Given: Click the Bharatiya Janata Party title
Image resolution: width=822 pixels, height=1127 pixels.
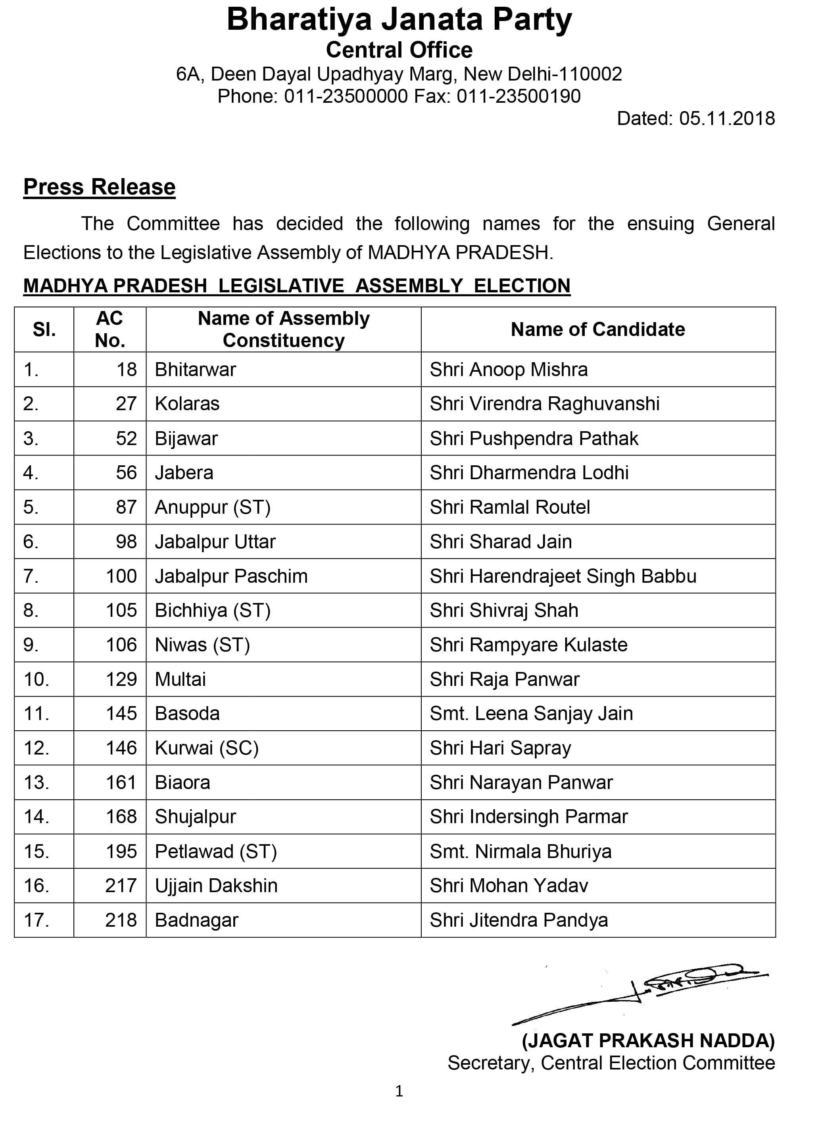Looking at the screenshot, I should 399,20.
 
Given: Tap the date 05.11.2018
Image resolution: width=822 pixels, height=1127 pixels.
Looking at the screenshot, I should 726,119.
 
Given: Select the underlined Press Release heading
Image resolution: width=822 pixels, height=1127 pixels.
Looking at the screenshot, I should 100,187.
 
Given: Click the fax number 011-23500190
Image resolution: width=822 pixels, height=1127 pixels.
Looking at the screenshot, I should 519,96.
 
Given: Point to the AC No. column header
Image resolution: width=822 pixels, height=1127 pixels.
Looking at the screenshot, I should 109,329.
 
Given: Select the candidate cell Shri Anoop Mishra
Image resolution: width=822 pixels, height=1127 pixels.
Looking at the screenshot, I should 509,370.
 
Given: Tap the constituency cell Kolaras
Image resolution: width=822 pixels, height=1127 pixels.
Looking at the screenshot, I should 187,403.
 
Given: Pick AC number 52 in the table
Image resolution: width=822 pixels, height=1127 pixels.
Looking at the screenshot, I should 127,438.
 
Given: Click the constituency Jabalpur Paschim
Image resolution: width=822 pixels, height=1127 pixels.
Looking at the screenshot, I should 231,576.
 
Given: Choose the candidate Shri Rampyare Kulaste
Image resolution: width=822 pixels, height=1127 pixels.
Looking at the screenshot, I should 528,645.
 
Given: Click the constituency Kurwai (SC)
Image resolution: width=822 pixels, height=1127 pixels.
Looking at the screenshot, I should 207,748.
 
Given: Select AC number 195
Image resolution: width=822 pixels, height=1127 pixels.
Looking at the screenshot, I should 121,851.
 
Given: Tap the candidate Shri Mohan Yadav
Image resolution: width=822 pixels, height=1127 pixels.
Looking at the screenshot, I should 509,886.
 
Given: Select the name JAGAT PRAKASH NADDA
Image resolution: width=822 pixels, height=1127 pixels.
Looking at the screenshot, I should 648,1041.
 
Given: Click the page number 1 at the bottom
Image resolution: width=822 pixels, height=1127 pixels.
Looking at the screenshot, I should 399,1091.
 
